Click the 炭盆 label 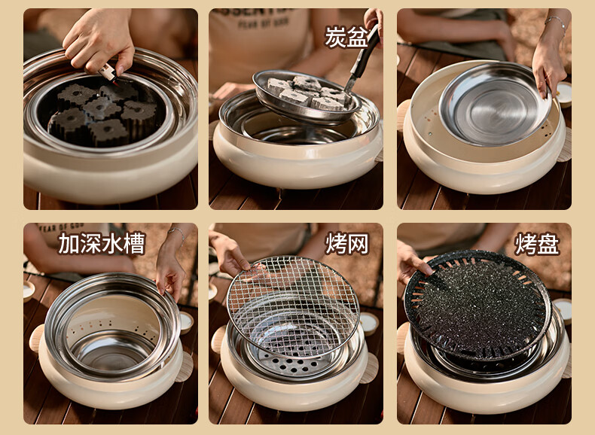pos(346,36)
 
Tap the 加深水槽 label pos(102,243)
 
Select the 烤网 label pos(346,244)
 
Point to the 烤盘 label pos(536,245)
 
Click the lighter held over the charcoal pos(108,72)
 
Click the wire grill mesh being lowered pos(293,306)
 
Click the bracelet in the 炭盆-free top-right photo pos(556,22)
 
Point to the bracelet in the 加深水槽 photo pos(176,232)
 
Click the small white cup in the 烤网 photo pos(369,323)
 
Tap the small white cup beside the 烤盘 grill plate pos(563,310)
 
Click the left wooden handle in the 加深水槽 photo pos(36,338)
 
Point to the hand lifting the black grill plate pos(412,262)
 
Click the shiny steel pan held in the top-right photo pos(495,105)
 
